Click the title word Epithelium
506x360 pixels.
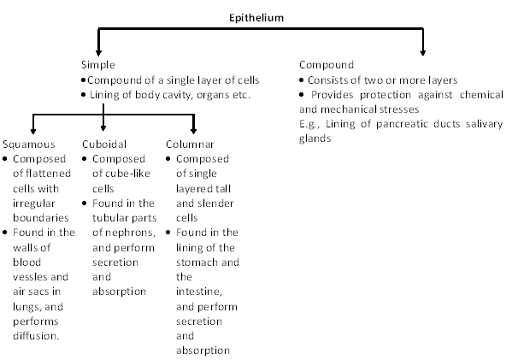[x=256, y=18]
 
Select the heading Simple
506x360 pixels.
[x=97, y=65]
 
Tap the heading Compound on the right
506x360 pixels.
[x=327, y=65]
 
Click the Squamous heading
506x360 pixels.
[x=29, y=144]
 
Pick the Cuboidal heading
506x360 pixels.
[x=104, y=144]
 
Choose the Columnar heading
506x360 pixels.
[x=190, y=144]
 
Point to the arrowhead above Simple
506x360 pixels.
[x=99, y=53]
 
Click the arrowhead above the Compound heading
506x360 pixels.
[x=423, y=53]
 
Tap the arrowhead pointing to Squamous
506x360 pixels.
[x=33, y=131]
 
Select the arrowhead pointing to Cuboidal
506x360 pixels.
[x=103, y=128]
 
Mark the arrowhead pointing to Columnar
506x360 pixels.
[x=194, y=131]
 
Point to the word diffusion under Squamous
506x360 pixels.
[x=36, y=336]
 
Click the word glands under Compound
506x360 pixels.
[x=315, y=139]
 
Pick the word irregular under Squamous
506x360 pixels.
[x=34, y=204]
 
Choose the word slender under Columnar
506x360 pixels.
[x=216, y=204]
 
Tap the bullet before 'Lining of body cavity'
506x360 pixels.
[x=84, y=95]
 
